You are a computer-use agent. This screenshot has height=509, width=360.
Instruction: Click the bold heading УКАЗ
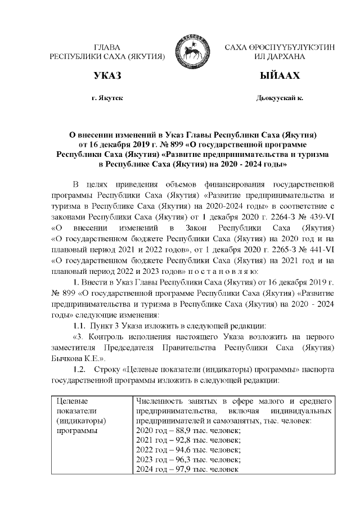(107, 76)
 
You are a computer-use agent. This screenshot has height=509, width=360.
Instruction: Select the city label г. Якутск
(107, 98)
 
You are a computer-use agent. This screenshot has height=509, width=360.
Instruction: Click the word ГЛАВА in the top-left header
(107, 47)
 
